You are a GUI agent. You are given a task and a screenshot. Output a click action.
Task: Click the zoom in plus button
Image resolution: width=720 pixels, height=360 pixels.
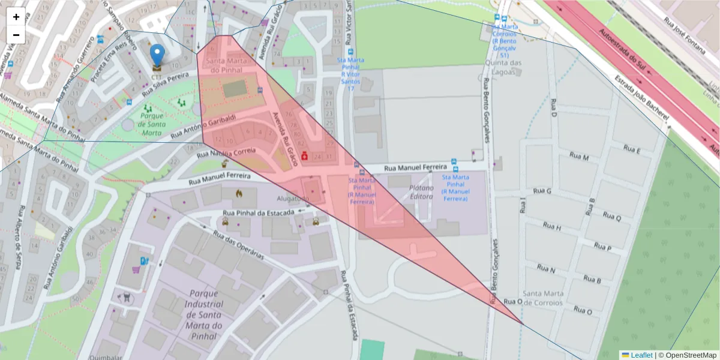(x=16, y=17)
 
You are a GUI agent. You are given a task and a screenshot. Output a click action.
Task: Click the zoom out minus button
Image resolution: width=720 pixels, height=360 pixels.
(x=16, y=35)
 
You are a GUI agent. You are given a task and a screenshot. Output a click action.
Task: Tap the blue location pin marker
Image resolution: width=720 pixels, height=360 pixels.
(x=157, y=55)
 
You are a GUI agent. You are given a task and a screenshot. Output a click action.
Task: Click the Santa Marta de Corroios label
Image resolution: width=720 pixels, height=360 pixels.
(x=543, y=298)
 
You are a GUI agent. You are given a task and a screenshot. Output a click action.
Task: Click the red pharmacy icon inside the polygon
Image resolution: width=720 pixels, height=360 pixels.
(x=304, y=155)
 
